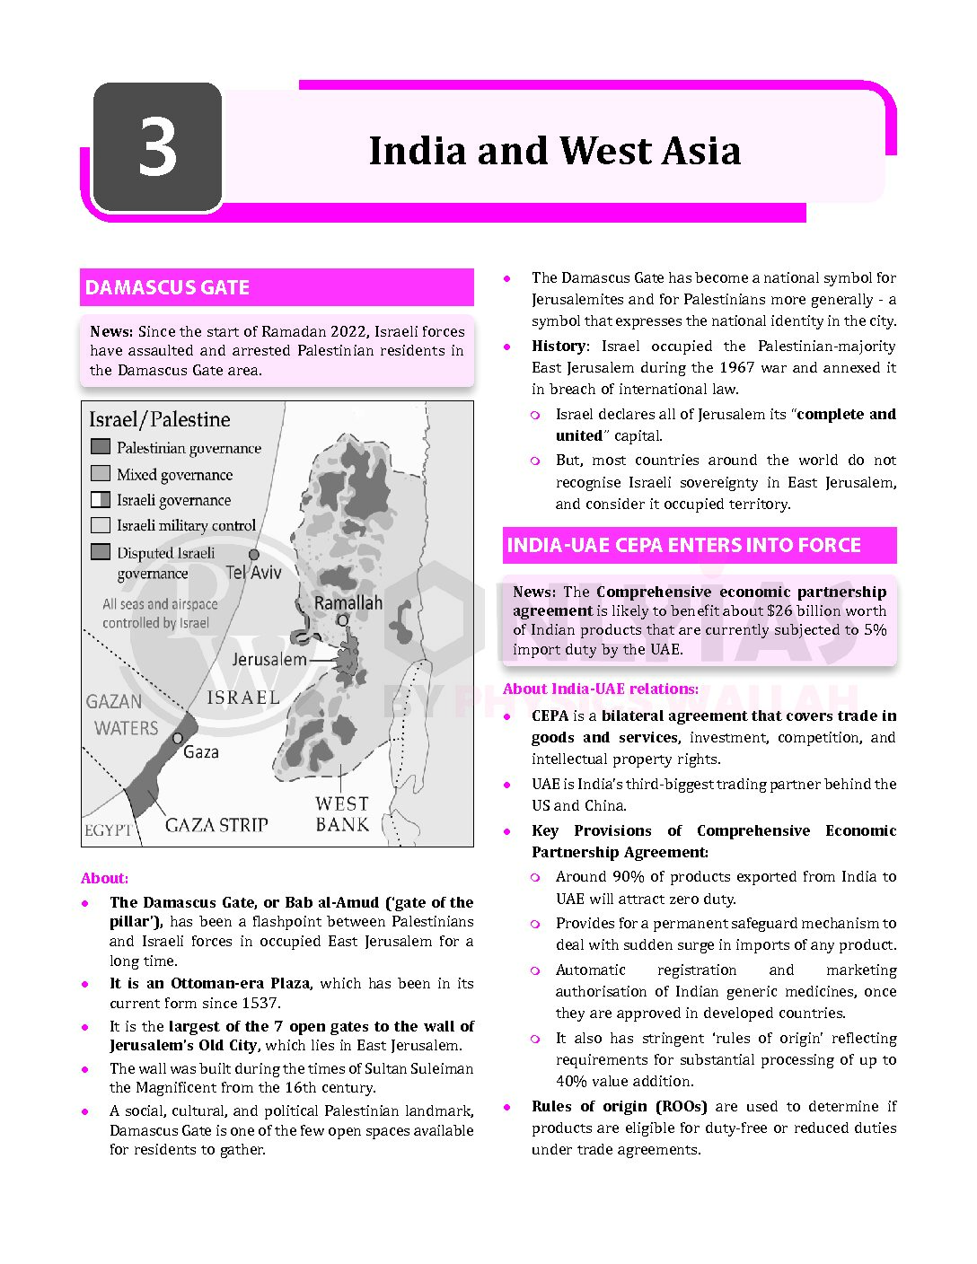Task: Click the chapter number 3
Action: (x=158, y=149)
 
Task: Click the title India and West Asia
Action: (x=554, y=151)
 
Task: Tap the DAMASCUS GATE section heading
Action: (x=167, y=287)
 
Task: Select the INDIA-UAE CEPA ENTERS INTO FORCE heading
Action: (x=683, y=545)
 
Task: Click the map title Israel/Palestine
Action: (x=159, y=419)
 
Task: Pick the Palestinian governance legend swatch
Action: (x=101, y=447)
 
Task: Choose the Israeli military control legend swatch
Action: (x=101, y=525)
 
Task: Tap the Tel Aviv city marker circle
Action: (x=254, y=555)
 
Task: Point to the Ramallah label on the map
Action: (x=348, y=602)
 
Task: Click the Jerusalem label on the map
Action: (x=269, y=660)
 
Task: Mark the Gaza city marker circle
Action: (x=178, y=738)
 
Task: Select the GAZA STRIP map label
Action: (x=216, y=824)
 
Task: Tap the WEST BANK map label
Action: (x=342, y=813)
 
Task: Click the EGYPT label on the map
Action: (x=108, y=830)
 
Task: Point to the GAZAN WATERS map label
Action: (x=126, y=715)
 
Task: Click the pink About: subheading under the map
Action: (x=104, y=878)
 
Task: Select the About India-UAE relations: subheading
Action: (x=601, y=689)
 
